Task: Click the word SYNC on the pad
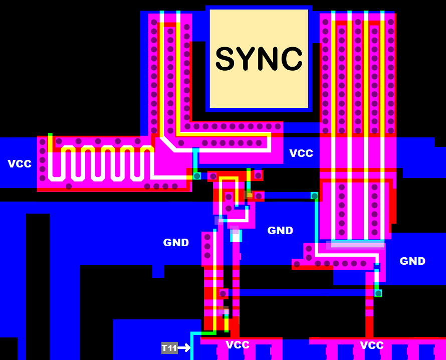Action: coord(259,59)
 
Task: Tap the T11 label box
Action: coord(169,348)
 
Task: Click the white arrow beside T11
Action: coord(184,347)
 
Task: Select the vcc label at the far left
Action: coord(20,163)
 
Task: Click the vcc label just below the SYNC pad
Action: coord(301,153)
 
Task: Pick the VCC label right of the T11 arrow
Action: coord(238,345)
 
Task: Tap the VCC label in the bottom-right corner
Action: coord(372,345)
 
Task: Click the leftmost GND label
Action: coord(176,243)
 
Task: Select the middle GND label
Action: coord(280,231)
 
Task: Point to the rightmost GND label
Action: coord(412,261)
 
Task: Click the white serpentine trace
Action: coord(100,163)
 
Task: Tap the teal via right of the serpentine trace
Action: coord(197,176)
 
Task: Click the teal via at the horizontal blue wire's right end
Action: coord(314,196)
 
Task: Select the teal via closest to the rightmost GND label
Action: coord(378,293)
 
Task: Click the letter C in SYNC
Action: coord(292,59)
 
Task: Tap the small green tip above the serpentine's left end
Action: coord(50,135)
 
